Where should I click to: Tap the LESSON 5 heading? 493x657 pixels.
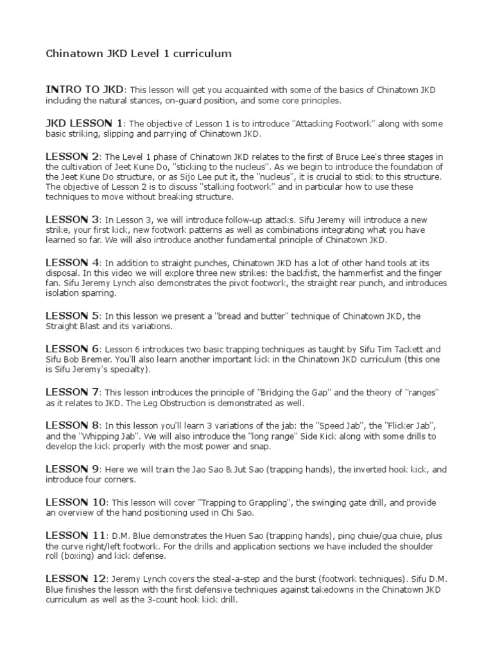(x=73, y=316)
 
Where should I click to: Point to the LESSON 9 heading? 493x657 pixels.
(x=73, y=469)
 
